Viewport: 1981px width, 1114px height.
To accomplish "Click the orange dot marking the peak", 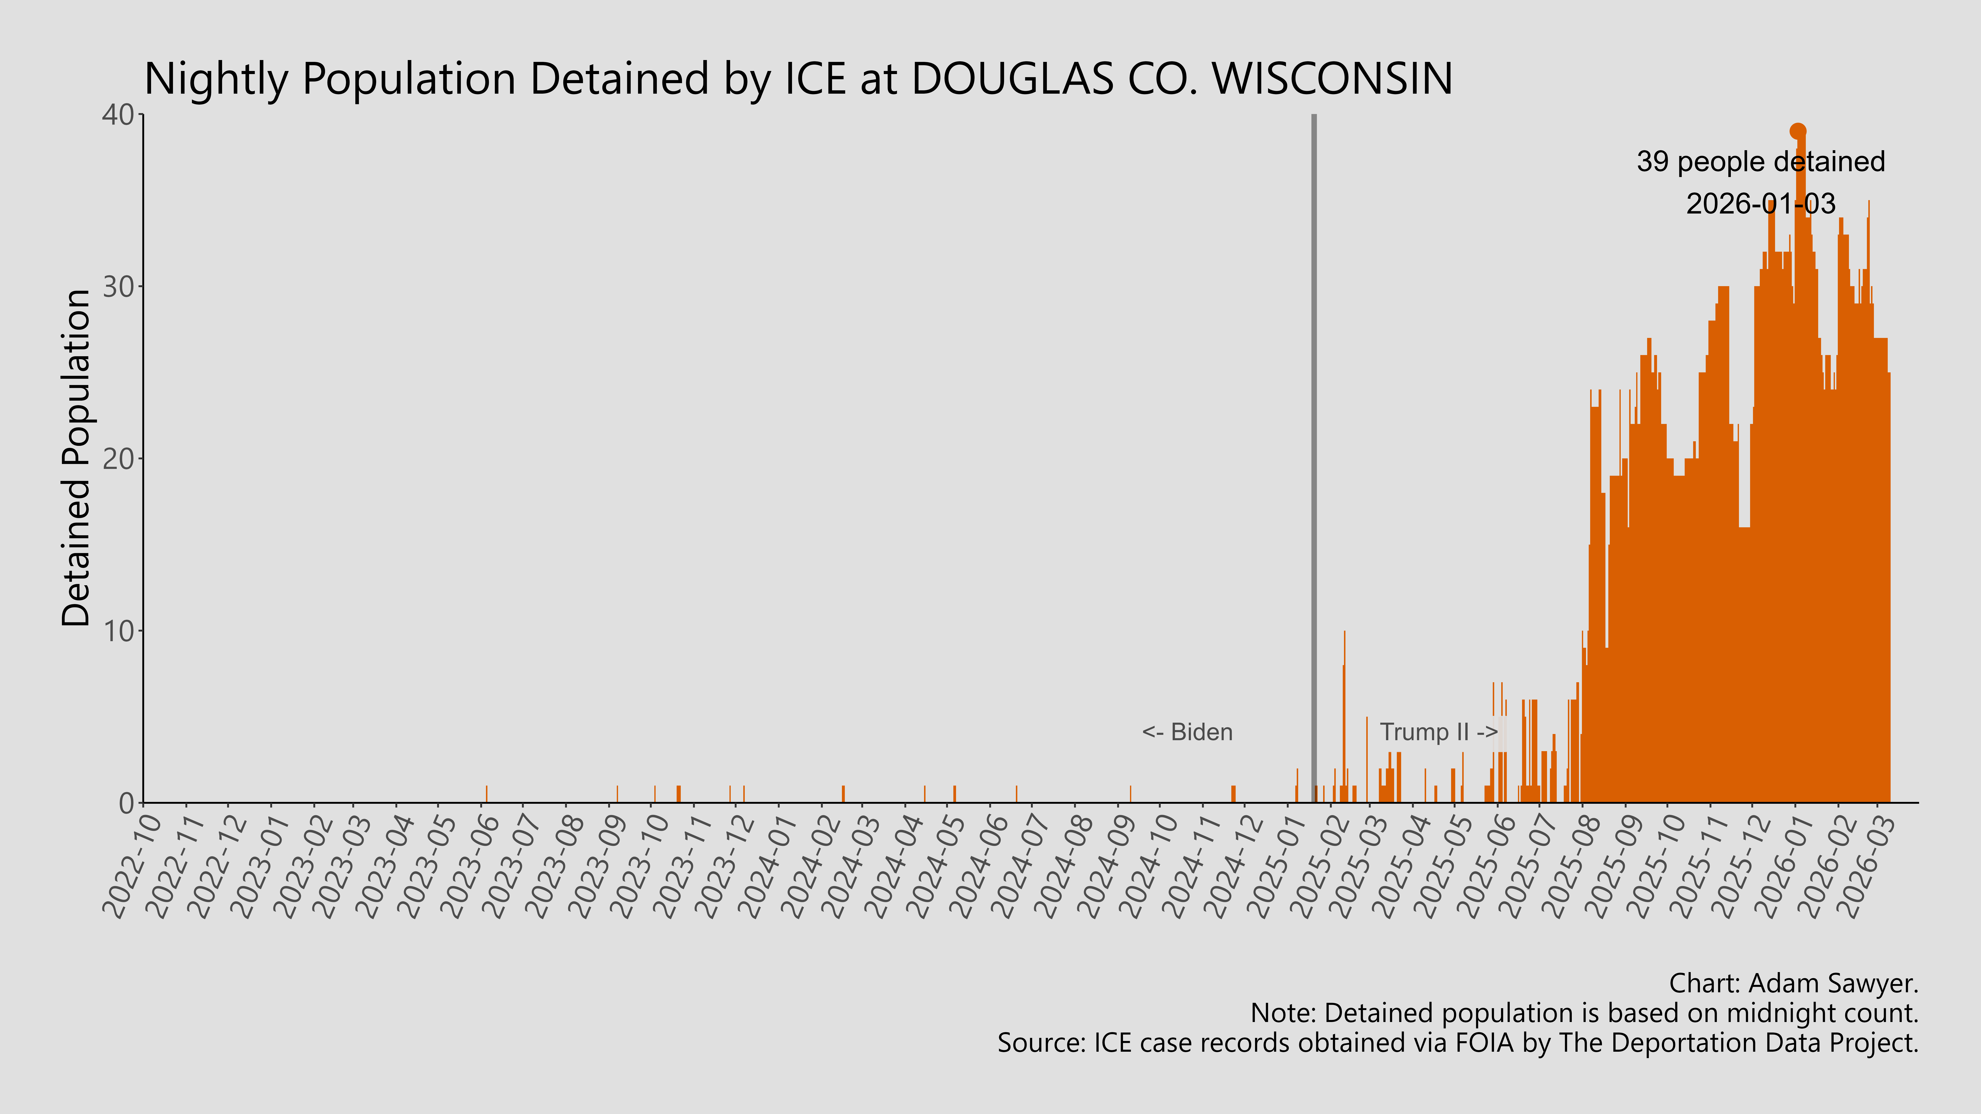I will click(x=1797, y=131).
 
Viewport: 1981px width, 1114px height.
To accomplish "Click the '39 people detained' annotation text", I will click(x=1760, y=162).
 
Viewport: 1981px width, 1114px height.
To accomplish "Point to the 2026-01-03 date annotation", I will click(x=1760, y=204).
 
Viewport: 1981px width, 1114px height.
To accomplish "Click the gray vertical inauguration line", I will click(x=1313, y=461).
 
